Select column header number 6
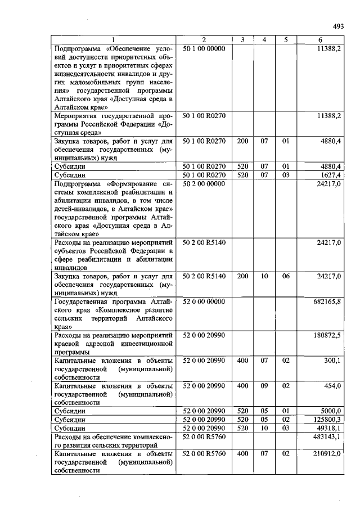click(x=320, y=39)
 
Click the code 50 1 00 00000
click(x=204, y=49)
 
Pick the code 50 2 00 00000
click(x=204, y=183)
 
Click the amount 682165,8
click(x=327, y=301)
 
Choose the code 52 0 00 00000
click(x=204, y=301)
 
